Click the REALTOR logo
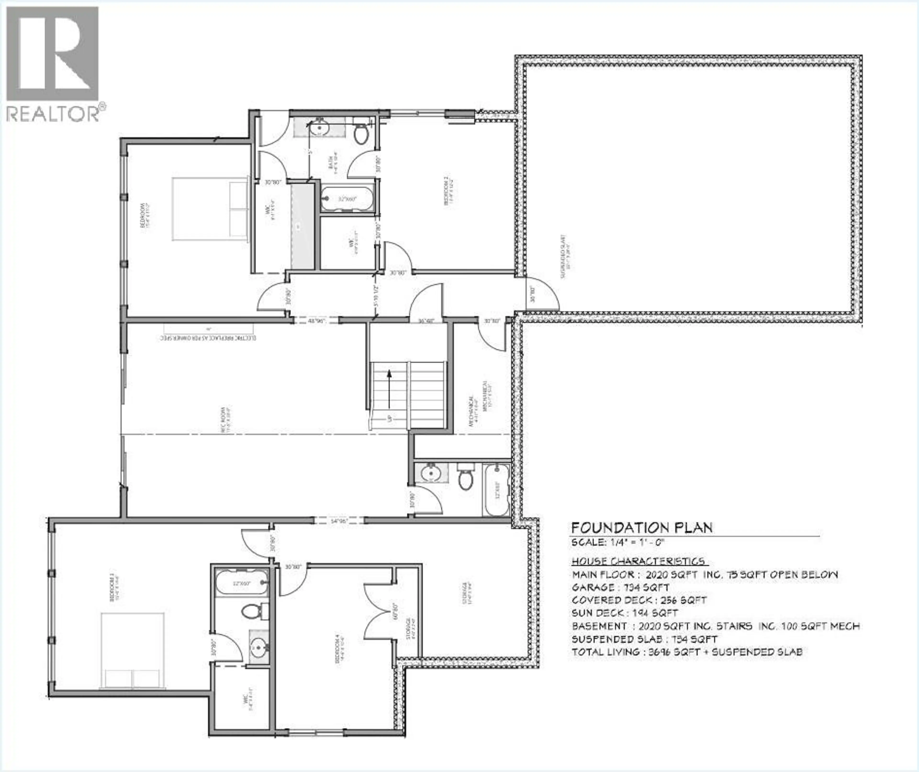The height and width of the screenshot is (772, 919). pyautogui.click(x=52, y=63)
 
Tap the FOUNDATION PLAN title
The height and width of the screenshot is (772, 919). pyautogui.click(x=642, y=528)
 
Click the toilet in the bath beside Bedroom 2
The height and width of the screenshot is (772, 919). pyautogui.click(x=361, y=134)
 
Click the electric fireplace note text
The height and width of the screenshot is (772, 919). pyautogui.click(x=208, y=338)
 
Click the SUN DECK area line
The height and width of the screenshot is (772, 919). pyautogui.click(x=624, y=613)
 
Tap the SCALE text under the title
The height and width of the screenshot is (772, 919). pyautogui.click(x=618, y=542)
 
